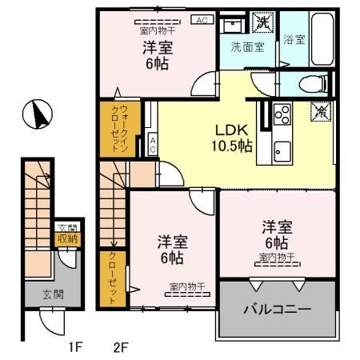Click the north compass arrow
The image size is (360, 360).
(x=37, y=114)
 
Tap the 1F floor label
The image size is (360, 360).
(x=74, y=346)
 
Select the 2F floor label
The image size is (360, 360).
(x=121, y=346)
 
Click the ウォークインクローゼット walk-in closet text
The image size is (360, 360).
(x=114, y=127)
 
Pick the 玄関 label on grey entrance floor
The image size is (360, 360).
(x=41, y=294)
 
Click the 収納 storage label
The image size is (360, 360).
(x=65, y=238)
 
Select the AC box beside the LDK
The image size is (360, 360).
(x=152, y=145)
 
